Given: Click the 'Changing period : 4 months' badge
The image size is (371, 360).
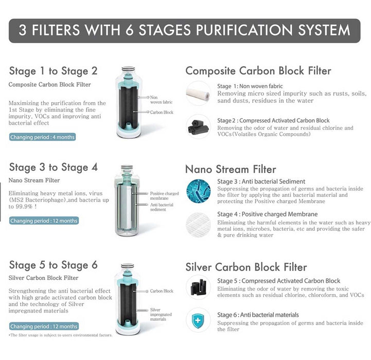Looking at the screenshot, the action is coord(42,137).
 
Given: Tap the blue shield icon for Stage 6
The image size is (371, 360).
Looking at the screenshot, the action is coord(198,321).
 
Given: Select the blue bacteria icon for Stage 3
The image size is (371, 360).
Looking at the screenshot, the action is coord(198,191).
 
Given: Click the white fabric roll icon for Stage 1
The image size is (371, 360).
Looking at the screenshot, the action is coord(198,93).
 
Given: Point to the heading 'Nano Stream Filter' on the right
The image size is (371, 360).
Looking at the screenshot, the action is coord(231,169).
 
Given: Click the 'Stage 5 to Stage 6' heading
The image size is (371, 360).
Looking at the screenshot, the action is coord(53,265).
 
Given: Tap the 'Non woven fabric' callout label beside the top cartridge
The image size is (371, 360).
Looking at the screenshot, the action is coord(161,100).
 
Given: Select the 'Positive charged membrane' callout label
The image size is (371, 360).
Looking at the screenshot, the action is coord(164,196).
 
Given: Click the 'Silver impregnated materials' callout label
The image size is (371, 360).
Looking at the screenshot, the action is coord(161,314).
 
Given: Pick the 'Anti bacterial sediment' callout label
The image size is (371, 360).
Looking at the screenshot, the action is coord(162,207).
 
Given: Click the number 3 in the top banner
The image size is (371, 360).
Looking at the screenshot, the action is coord(23,30).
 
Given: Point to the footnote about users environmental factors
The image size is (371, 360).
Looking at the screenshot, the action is coord(61,335).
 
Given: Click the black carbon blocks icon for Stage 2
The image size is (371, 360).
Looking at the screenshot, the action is coord(198,127).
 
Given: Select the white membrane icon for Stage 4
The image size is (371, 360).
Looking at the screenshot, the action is coord(198,225).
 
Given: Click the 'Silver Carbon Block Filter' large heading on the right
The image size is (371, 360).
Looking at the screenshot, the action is coord(246,267).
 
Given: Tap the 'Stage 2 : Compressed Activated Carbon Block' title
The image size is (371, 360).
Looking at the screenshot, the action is coord(273,121).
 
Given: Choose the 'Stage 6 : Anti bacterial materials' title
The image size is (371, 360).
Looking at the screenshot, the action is coord(258,315).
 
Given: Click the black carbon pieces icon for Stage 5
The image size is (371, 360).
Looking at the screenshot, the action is coord(198,286).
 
